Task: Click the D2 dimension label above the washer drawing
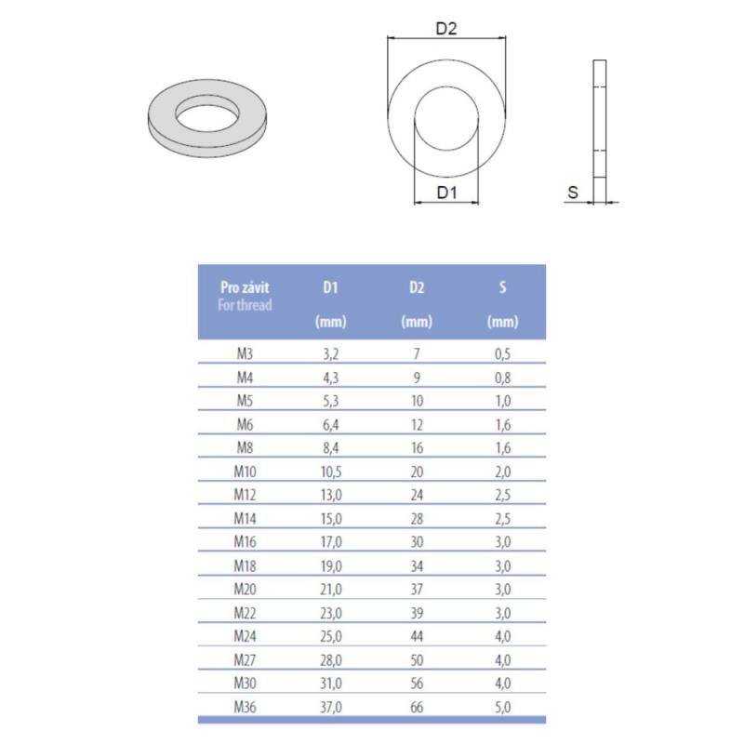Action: coord(446,30)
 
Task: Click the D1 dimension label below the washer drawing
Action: coord(446,193)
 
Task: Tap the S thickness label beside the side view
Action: coord(573,193)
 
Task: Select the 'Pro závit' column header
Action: coord(245,287)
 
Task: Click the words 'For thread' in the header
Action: coord(245,305)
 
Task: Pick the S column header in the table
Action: coord(502,287)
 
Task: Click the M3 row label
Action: coord(245,353)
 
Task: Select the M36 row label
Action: coord(245,707)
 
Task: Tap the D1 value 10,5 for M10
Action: coord(331,472)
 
